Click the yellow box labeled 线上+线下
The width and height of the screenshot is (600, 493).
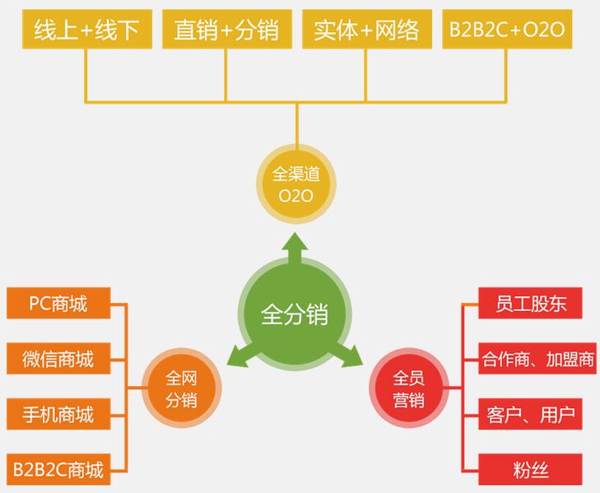click(86, 30)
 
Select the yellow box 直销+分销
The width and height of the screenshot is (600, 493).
click(226, 30)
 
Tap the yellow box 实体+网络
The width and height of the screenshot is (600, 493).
click(366, 30)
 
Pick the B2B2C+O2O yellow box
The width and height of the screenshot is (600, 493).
click(506, 30)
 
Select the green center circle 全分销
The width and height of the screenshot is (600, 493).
click(295, 314)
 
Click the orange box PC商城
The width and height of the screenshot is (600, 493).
click(58, 304)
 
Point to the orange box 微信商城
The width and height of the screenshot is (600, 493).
click(58, 359)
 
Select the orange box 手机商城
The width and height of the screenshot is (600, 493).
click(58, 414)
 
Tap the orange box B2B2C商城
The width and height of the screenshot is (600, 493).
click(58, 470)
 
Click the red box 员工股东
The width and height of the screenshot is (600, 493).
click(531, 304)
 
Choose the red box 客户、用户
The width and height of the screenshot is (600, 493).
click(531, 414)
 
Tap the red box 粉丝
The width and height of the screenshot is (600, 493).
click(531, 470)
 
